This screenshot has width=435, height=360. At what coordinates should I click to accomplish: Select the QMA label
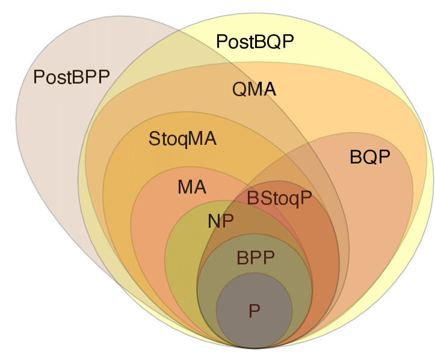point(254,90)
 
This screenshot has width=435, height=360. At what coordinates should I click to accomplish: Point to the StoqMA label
point(182,139)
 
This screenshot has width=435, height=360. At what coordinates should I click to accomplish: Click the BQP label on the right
point(370,157)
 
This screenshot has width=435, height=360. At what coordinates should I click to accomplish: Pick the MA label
point(192,187)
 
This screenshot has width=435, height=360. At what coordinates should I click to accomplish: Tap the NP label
point(220,221)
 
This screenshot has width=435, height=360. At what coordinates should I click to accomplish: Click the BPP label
point(255,258)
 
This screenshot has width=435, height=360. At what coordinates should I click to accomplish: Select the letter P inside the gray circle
point(255,311)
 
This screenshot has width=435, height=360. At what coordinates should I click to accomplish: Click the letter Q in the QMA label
point(239,90)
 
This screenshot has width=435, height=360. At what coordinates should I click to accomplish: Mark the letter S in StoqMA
point(154,139)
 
